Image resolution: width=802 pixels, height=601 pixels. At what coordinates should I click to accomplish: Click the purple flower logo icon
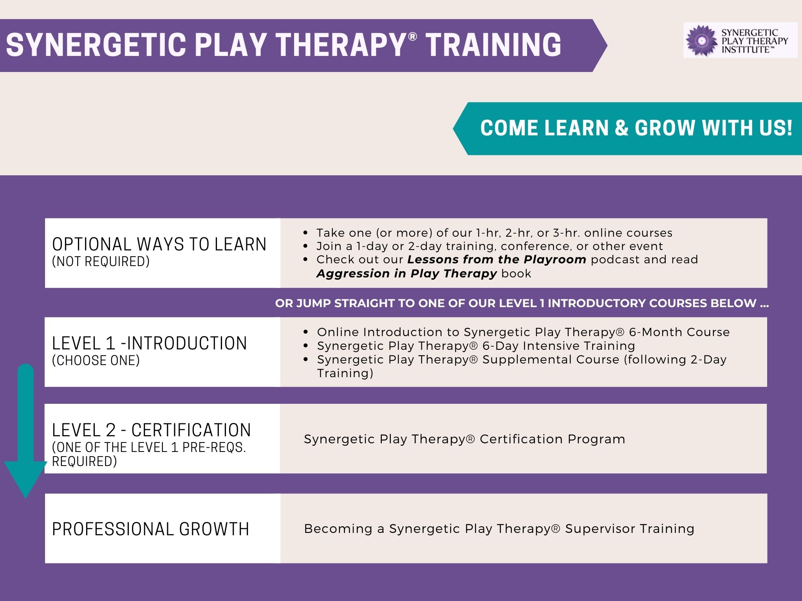702,40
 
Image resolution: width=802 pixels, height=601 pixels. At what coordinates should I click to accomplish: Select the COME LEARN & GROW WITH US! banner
627,128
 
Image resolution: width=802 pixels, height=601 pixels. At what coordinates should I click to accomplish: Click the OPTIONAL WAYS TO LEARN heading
159,244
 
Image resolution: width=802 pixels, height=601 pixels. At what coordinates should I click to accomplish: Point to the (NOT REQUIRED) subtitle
101,261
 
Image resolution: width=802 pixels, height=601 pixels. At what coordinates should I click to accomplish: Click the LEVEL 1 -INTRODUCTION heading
149,343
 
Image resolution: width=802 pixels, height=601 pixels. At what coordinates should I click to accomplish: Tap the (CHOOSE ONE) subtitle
96,360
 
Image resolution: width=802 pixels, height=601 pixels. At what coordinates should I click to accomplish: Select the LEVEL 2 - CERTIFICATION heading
151,430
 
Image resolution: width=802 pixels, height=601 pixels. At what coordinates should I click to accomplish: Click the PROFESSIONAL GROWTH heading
150,529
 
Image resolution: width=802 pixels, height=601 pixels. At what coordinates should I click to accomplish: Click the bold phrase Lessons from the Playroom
497,259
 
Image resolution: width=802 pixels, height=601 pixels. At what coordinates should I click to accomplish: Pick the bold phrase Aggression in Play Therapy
407,273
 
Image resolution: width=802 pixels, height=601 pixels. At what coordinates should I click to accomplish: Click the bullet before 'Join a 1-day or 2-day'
306,247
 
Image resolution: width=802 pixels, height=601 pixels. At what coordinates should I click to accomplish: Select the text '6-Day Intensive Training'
558,346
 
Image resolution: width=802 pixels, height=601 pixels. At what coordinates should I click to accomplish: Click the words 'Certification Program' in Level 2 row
552,439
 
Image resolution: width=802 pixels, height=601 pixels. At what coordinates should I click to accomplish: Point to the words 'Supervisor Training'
630,529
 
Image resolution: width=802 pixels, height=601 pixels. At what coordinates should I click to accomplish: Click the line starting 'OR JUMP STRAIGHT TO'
522,303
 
